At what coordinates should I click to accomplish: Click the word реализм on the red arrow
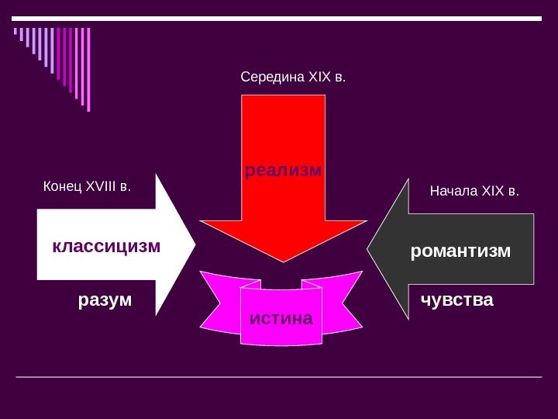[x=283, y=169]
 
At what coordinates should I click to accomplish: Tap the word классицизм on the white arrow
[x=106, y=247]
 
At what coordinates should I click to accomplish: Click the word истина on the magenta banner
[x=281, y=318]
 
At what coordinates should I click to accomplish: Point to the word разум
[x=105, y=300]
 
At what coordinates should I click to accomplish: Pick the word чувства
[x=456, y=300]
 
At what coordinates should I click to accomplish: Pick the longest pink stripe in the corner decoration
[x=88, y=70]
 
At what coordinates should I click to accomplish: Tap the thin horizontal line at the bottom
[x=279, y=377]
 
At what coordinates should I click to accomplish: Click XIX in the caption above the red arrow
[x=319, y=78]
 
